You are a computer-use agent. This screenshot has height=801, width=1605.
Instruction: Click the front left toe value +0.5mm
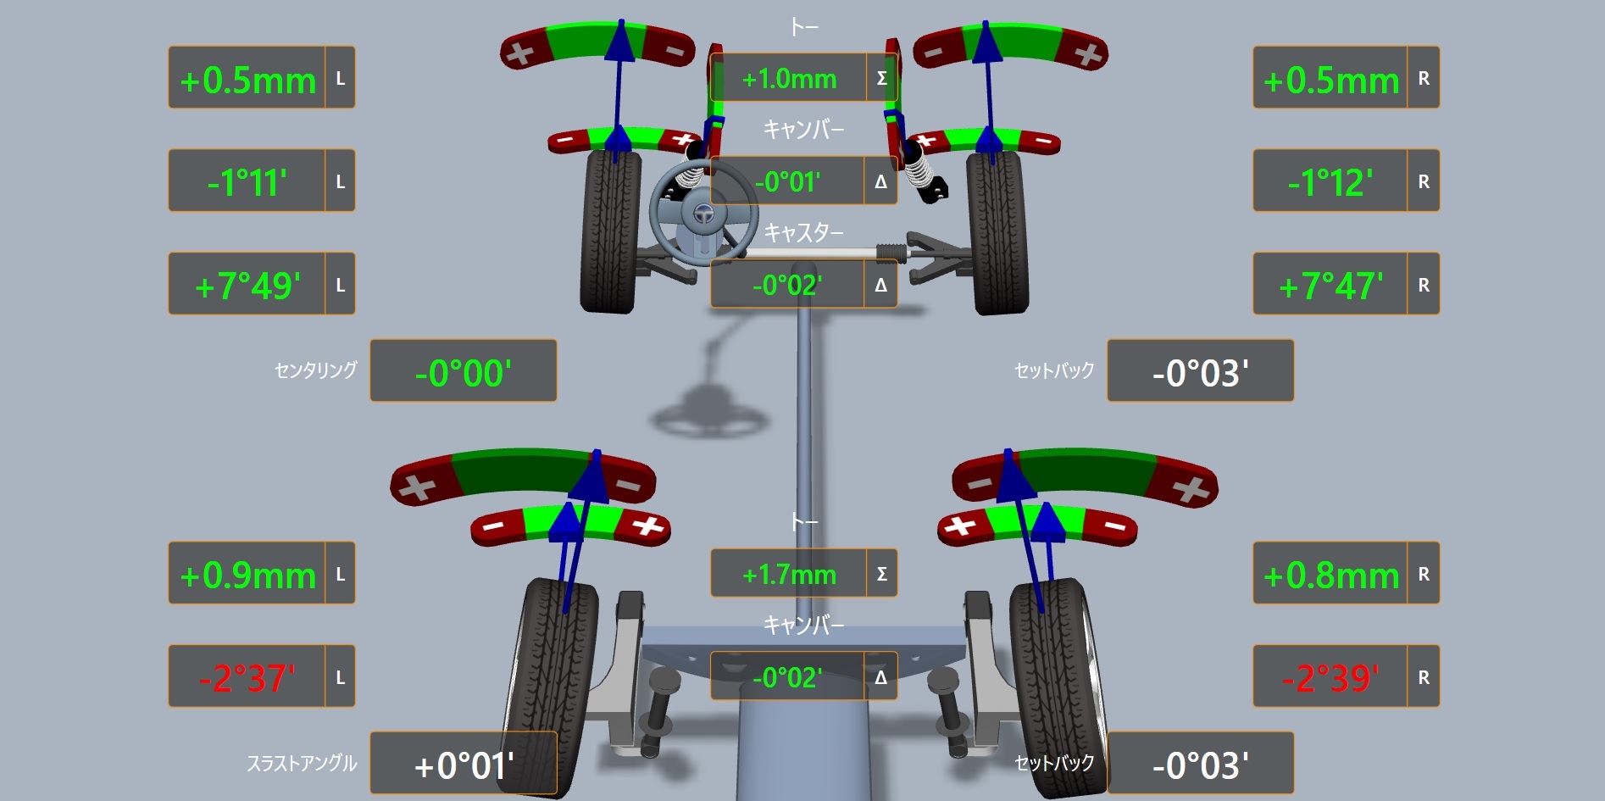[x=247, y=81]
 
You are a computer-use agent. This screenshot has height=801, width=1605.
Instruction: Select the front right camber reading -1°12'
[x=1330, y=183]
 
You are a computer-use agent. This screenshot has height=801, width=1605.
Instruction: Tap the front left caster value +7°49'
[x=247, y=286]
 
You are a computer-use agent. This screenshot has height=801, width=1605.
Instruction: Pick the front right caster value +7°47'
[x=1330, y=286]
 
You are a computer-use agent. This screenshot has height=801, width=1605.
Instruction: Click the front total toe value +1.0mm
[x=789, y=79]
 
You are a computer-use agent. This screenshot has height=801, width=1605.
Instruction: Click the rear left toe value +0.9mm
[x=247, y=576]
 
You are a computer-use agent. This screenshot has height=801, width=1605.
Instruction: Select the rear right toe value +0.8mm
[x=1330, y=576]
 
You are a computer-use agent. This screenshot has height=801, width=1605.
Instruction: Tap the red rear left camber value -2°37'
[x=247, y=678]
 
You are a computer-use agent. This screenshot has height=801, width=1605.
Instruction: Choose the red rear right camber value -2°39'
[x=1330, y=678]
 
